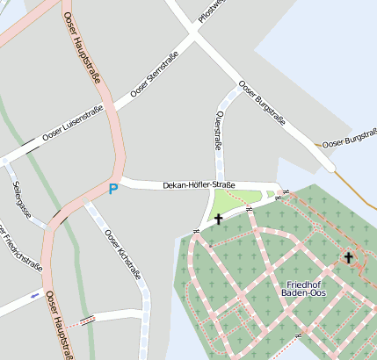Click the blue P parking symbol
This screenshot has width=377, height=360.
112,188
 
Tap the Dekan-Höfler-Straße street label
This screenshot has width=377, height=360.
199,185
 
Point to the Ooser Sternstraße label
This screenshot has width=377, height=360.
154,75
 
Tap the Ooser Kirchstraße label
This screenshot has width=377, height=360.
122,261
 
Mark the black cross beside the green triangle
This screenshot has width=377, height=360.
218,219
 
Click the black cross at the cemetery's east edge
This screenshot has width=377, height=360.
348,257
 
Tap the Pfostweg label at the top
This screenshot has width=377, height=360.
211,11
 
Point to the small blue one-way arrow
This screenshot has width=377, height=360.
34,296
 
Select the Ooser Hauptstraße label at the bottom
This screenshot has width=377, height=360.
59,325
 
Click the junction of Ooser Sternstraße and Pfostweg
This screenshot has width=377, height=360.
192,33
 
